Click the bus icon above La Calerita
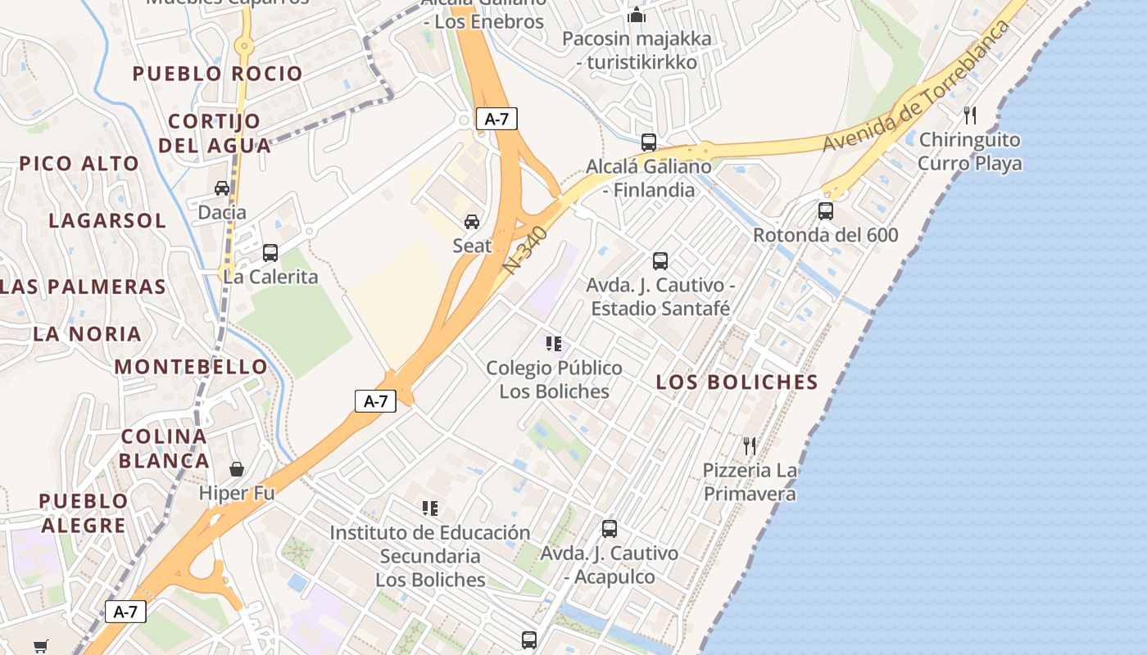pos(270,253)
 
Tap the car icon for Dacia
pos(222,188)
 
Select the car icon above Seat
pos(472,222)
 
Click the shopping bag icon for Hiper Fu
pos(237,469)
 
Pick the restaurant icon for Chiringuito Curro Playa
pos(970,115)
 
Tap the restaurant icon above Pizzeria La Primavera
pos(750,446)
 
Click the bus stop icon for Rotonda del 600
pos(826,211)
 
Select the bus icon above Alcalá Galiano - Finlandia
pos(649,142)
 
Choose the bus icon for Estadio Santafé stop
pos(660,261)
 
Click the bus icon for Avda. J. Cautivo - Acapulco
pos(610,529)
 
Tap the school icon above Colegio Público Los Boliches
pos(554,344)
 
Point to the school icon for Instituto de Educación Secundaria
pos(430,508)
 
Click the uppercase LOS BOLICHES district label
pos(737,382)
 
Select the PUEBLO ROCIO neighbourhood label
pos(218,74)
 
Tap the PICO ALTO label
pos(79,164)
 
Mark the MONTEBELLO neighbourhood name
pos(191,367)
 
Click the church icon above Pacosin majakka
pos(637,15)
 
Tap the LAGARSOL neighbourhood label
pos(107,221)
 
